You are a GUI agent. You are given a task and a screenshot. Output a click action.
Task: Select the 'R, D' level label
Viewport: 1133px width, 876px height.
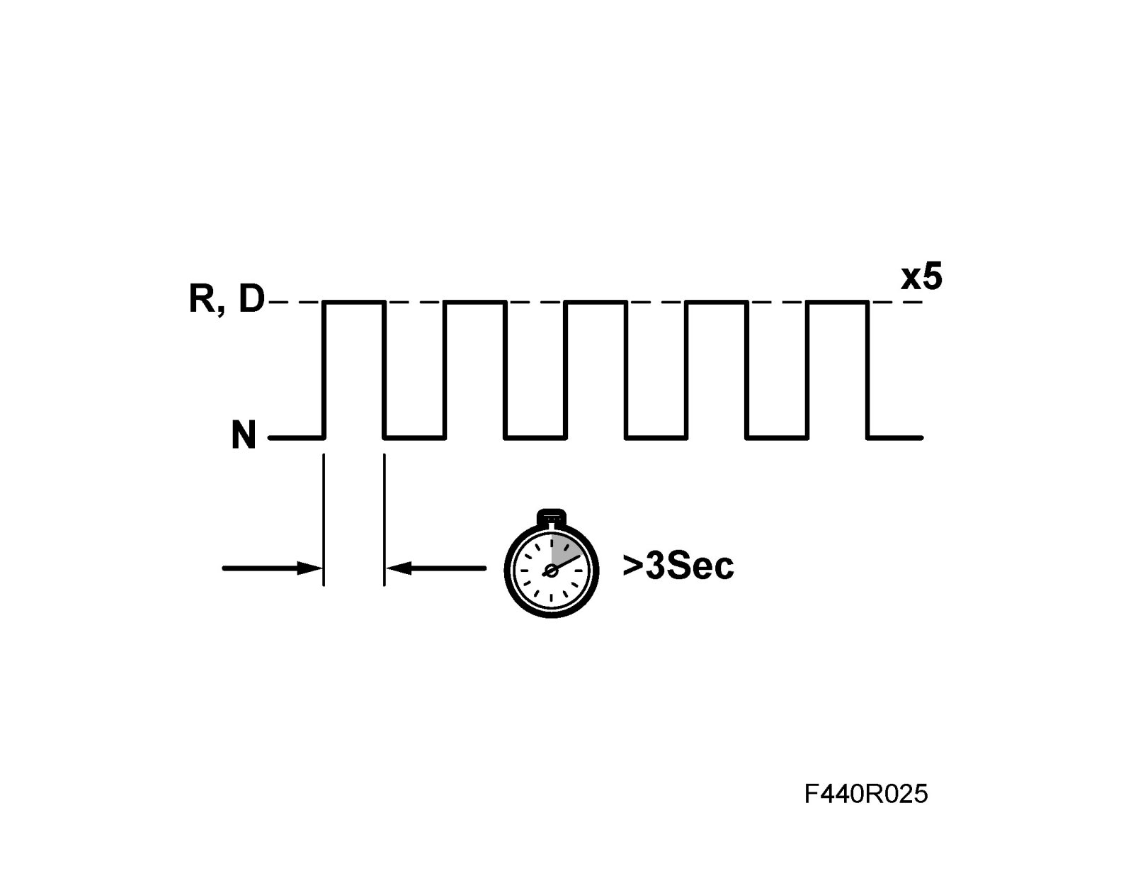(226, 300)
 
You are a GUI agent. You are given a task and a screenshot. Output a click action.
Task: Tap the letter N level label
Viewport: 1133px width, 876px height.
(244, 436)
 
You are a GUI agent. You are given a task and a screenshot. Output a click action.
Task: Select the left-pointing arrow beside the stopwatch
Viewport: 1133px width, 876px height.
(436, 568)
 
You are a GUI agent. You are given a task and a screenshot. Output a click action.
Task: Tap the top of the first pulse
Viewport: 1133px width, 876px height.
(354, 303)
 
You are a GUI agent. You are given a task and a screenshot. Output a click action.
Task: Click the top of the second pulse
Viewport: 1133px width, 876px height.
(474, 303)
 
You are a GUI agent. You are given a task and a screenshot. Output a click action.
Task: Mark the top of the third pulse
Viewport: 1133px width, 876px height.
(596, 303)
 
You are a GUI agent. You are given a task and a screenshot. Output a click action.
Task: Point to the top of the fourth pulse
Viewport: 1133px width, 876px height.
(717, 303)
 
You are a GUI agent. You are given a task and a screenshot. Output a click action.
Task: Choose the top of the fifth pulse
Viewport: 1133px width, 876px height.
(838, 303)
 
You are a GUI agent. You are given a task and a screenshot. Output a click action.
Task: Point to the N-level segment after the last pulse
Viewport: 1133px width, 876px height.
(895, 438)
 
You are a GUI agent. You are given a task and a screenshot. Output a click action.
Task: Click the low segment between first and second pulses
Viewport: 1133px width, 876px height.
(414, 438)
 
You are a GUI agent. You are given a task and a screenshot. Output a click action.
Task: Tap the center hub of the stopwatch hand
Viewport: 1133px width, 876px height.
(548, 571)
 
